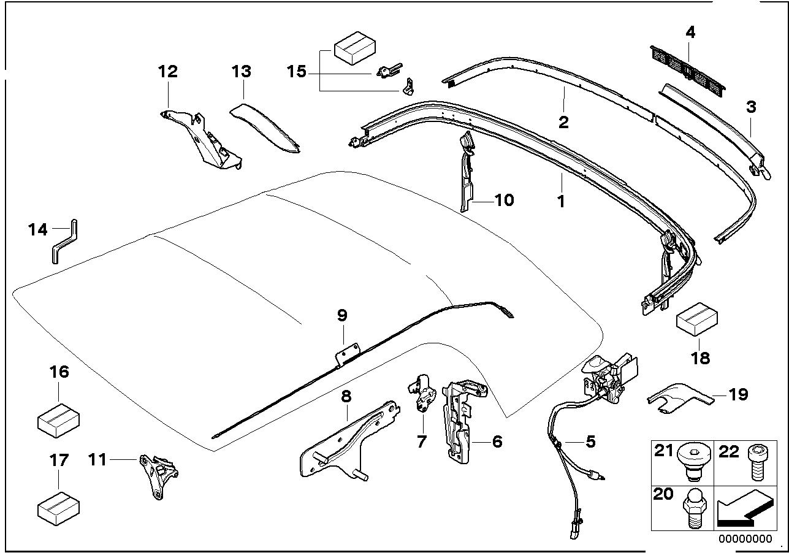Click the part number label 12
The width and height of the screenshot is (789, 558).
(x=167, y=71)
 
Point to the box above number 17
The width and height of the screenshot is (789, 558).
(x=58, y=507)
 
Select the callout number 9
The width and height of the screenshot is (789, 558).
(x=342, y=315)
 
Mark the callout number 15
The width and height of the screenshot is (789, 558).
(x=296, y=71)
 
